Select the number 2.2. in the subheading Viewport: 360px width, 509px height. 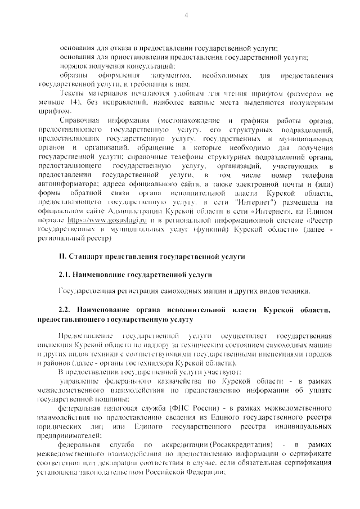67,310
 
